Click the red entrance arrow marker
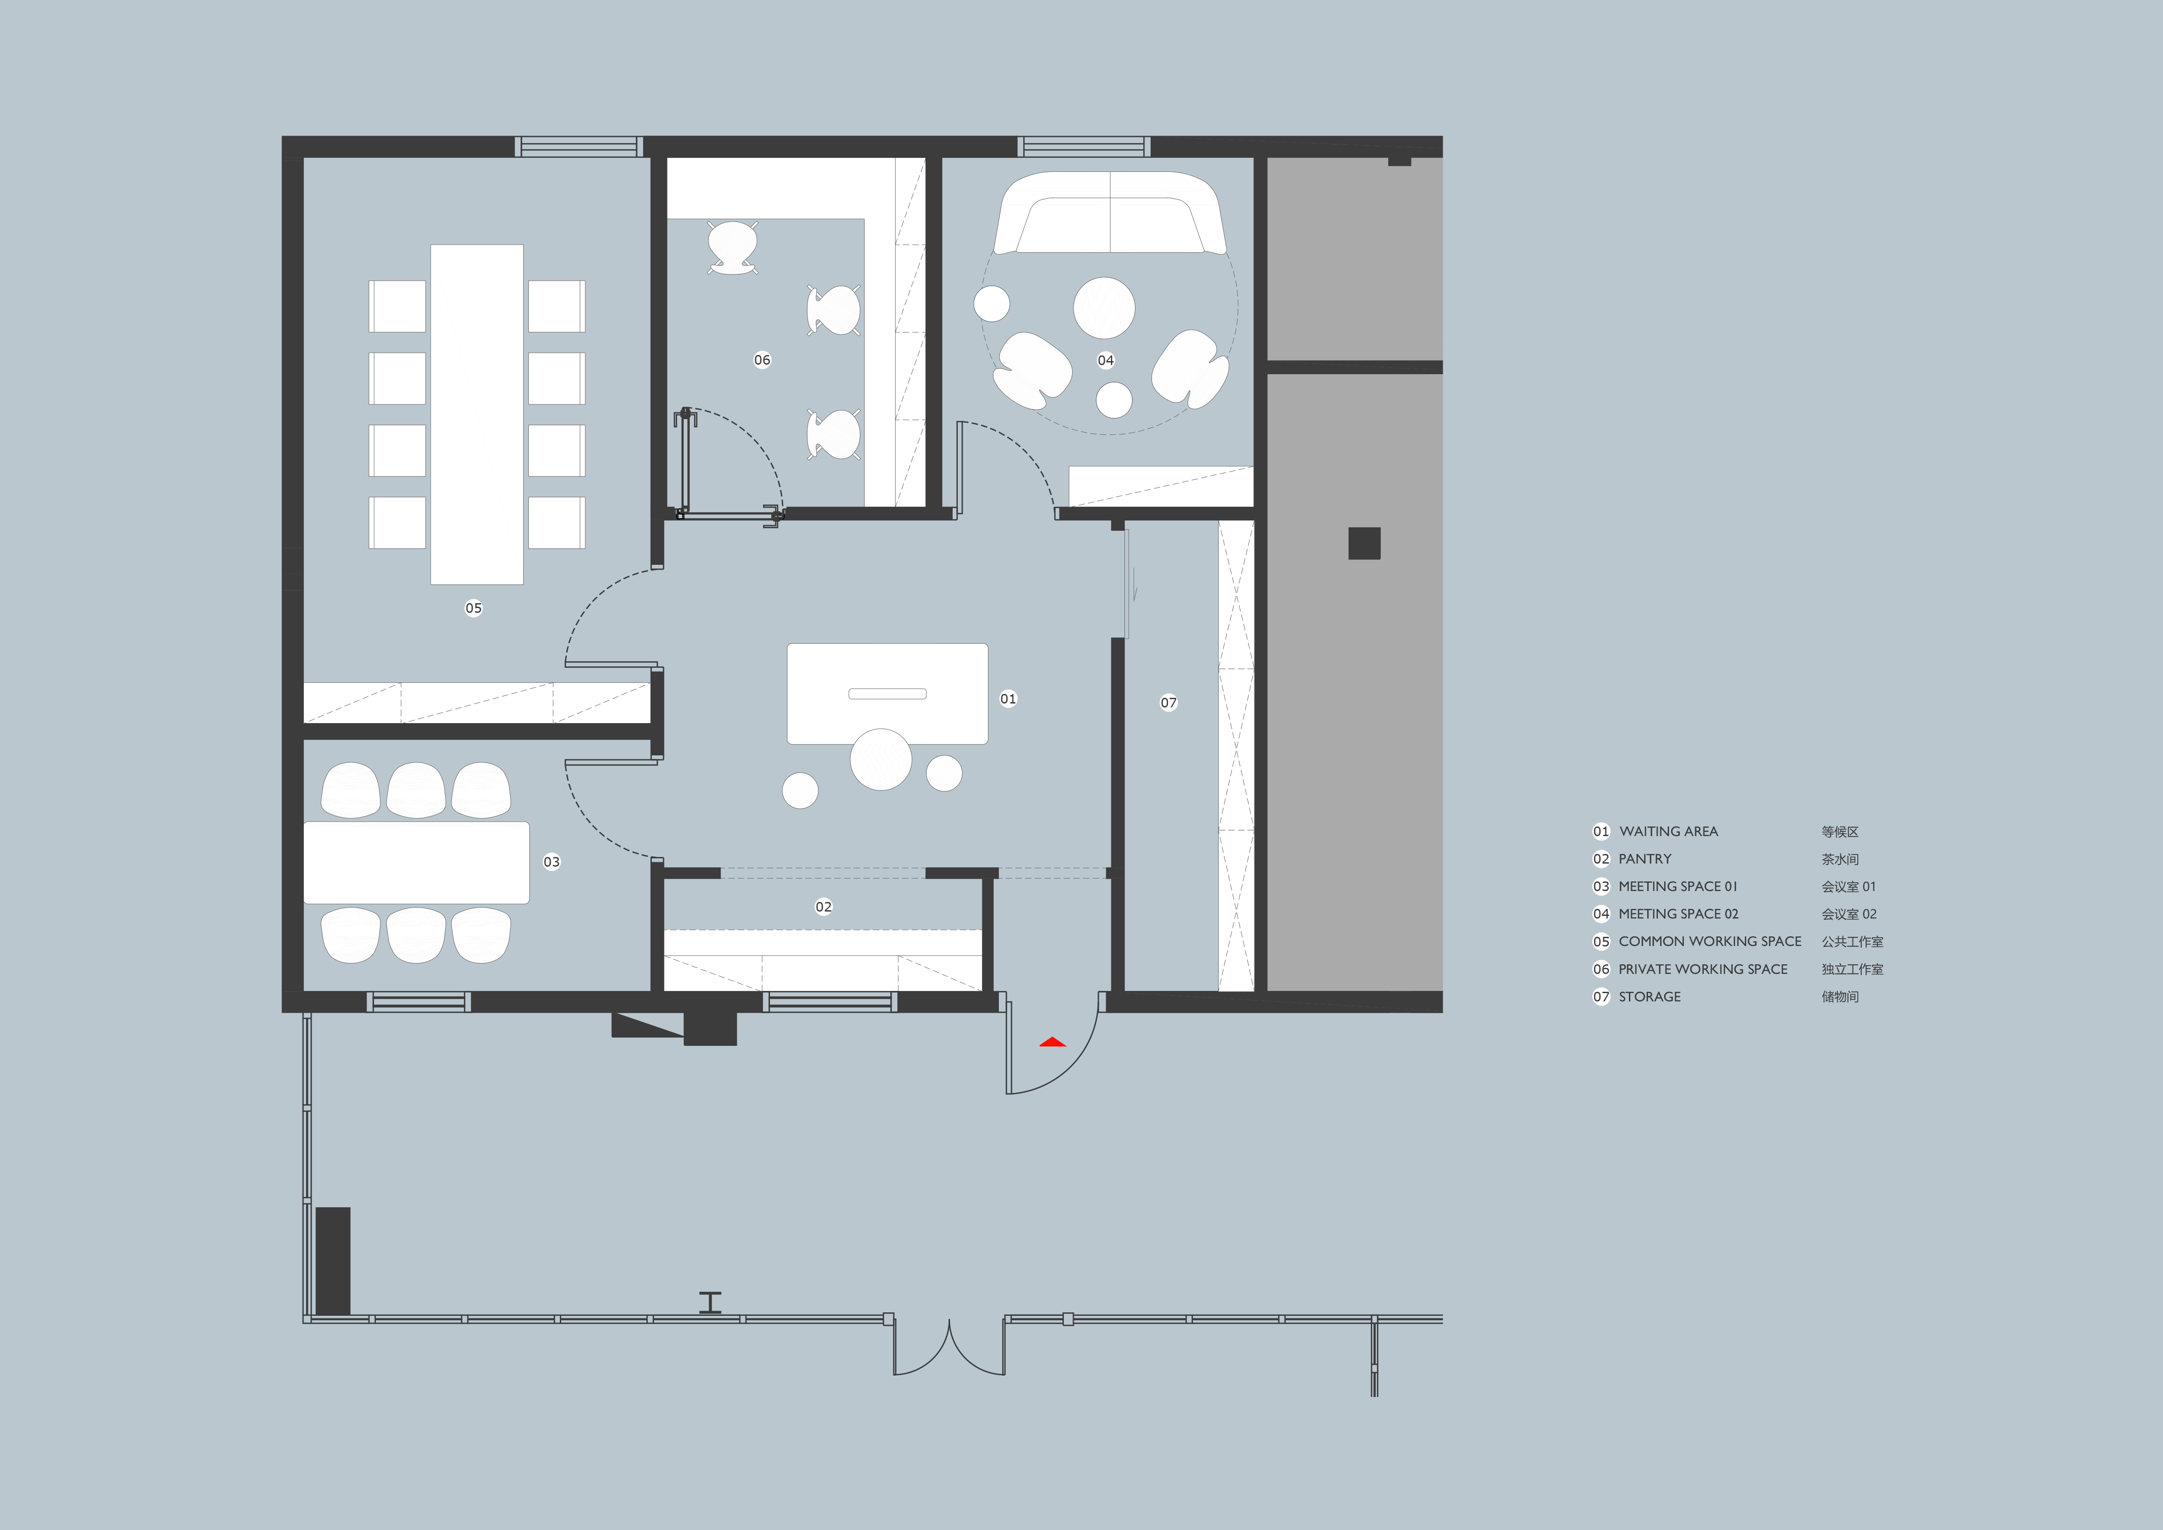[x=1053, y=1042]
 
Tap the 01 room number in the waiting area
[x=1008, y=698]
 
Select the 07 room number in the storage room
[x=1168, y=702]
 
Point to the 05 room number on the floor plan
[x=473, y=608]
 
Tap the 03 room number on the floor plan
[x=551, y=861]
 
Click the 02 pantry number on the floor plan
[x=823, y=906]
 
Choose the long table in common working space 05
[x=477, y=414]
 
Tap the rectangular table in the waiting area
[x=887, y=693]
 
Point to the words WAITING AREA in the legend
[x=1669, y=831]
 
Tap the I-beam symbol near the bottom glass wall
[x=710, y=1302]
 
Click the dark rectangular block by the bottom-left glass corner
[x=333, y=1260]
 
